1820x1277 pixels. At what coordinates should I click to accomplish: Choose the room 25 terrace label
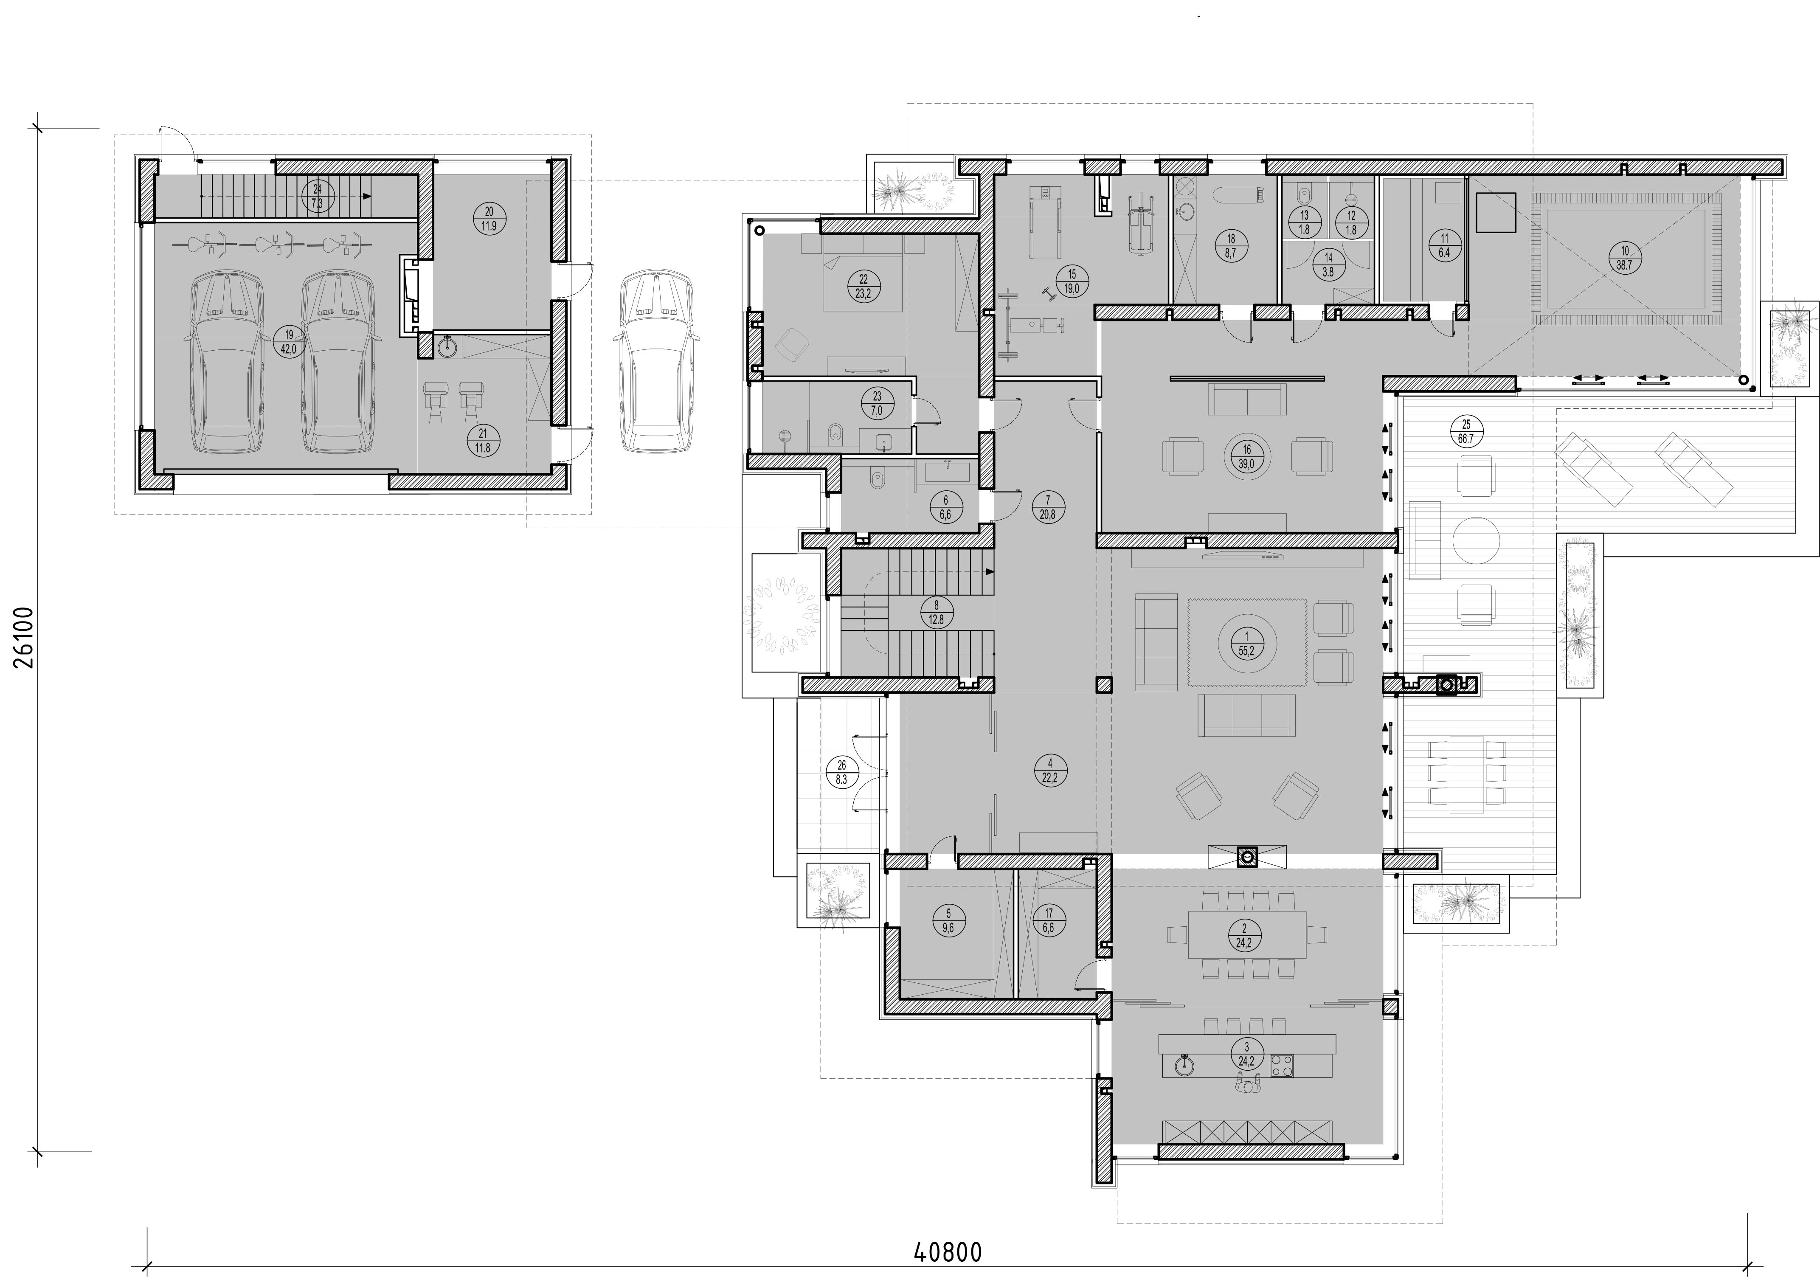(1466, 431)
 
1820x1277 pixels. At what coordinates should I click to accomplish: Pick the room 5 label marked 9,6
(949, 920)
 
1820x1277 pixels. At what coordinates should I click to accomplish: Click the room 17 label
(1049, 920)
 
